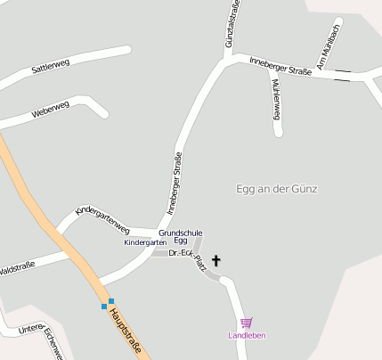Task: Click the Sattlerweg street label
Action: (x=50, y=67)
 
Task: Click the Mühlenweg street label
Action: (x=276, y=97)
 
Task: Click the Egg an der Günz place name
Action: (x=276, y=189)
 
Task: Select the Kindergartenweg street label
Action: (x=102, y=219)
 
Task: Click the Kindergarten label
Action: (x=144, y=242)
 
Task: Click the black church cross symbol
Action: (x=216, y=260)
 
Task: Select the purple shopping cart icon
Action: (x=247, y=323)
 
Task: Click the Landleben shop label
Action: (x=247, y=335)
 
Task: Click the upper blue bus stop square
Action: (x=110, y=300)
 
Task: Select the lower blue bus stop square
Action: (x=104, y=307)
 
